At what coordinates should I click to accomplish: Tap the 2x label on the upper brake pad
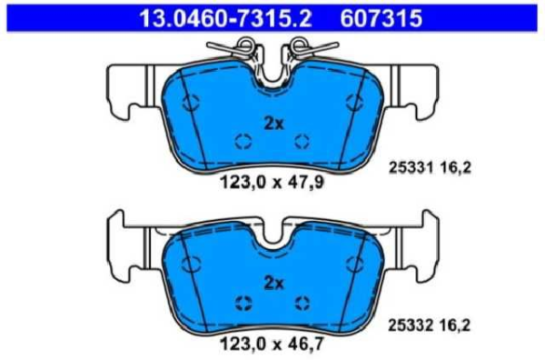coord(273,124)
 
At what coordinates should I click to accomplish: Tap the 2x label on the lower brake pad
coord(273,283)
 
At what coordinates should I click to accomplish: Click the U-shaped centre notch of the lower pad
coord(272,238)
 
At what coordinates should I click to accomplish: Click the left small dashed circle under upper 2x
coord(243,141)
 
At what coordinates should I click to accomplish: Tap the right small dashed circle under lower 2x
coord(302,302)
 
